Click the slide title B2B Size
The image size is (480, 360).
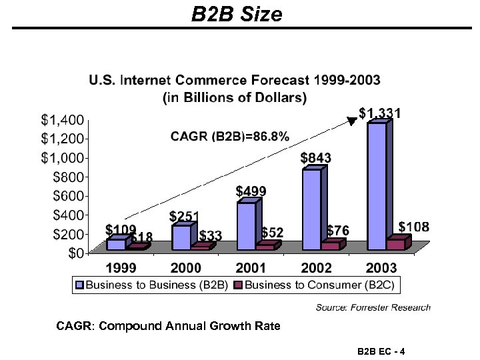tap(237, 14)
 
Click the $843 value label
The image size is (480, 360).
tap(315, 158)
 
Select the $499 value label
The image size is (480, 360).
tap(251, 191)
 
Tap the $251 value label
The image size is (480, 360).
tap(184, 217)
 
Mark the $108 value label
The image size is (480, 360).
tap(414, 227)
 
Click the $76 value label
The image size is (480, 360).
tap(338, 230)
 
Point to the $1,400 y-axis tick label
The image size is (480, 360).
tap(62, 121)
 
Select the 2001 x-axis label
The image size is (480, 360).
tap(251, 268)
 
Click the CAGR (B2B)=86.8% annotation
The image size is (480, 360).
tap(230, 137)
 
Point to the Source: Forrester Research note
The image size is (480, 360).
tap(373, 307)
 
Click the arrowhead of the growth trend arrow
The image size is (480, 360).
tap(353, 121)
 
